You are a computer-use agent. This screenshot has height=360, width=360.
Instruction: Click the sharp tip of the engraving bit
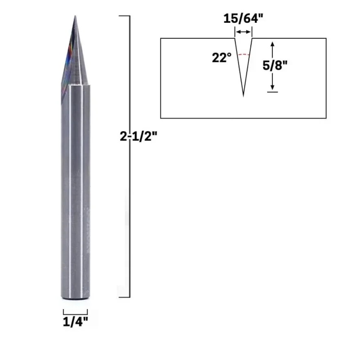coord(75,17)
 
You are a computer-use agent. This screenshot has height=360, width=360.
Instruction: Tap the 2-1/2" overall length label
coord(138,137)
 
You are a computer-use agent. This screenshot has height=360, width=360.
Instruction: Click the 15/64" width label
coord(243,19)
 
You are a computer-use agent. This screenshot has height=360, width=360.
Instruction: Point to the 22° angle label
coord(222,58)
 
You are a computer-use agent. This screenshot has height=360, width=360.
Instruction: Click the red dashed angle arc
coord(243,54)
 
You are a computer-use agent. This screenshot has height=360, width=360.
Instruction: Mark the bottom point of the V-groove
coord(243,96)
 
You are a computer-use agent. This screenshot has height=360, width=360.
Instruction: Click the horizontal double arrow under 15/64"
coord(243,32)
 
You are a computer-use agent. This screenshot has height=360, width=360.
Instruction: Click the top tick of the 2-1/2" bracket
coord(124,16)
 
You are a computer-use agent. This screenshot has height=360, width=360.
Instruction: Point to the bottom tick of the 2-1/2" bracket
coord(124,297)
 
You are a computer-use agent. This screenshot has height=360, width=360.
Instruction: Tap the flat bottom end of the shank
coord(75,300)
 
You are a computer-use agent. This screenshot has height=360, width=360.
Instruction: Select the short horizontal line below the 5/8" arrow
coord(272,92)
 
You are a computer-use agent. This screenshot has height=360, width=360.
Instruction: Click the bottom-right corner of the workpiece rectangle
coord(326,118)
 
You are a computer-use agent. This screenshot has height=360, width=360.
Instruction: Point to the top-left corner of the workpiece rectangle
coord(161,39)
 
